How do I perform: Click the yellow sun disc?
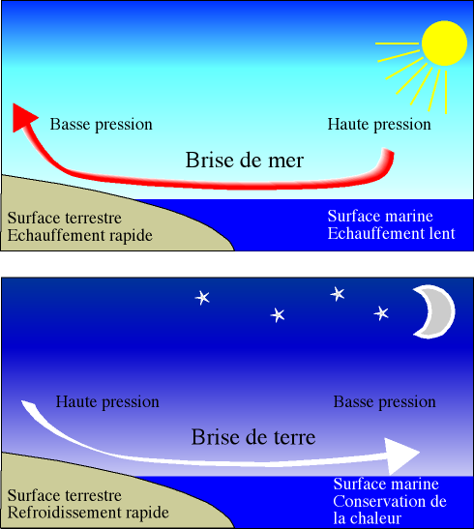coord(444,44)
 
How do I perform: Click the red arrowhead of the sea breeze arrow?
coord(23,118)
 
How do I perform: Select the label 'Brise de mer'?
coord(245,160)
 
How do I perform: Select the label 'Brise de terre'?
coord(253,437)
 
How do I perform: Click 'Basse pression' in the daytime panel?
coord(102,124)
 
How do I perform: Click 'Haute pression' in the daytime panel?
coord(379,124)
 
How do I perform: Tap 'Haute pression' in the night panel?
coord(107,401)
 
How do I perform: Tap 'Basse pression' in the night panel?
coord(385,401)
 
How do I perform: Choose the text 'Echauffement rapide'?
coord(80,235)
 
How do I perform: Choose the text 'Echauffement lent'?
coord(392,233)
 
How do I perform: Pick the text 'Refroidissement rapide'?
coord(88,513)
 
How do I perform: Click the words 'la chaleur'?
coord(367,517)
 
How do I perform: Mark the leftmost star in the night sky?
coord(202,298)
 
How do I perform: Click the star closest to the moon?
coord(381,313)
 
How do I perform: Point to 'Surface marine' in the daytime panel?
coord(380,216)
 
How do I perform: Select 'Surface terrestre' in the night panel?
coord(65,495)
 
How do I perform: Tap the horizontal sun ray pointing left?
coord(397,44)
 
